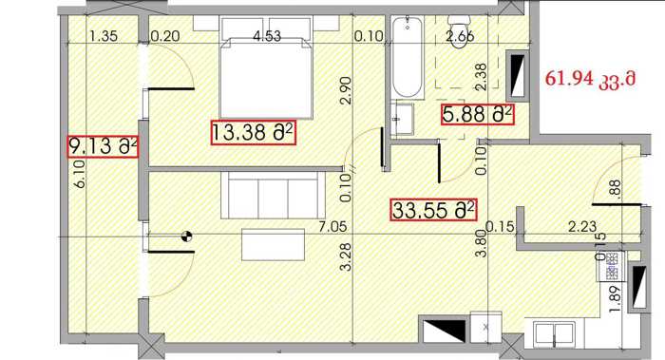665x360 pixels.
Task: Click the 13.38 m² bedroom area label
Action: (253, 133)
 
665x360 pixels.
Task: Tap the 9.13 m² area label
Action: (103, 146)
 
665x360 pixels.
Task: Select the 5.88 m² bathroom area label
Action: (478, 114)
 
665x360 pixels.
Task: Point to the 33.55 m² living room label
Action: (433, 210)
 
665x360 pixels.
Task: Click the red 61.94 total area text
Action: (590, 79)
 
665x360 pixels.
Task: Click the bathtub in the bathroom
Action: (408, 57)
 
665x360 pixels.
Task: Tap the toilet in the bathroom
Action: (460, 31)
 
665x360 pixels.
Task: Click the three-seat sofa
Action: (273, 196)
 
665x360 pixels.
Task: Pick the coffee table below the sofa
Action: (274, 245)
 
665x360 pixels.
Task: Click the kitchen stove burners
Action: (611, 266)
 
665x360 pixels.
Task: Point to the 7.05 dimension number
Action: (332, 227)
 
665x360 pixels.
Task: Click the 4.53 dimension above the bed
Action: (267, 36)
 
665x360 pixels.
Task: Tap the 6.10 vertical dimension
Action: (80, 174)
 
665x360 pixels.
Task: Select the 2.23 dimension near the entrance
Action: (582, 227)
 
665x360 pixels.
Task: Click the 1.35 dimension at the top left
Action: (104, 36)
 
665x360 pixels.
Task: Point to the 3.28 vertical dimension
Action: (346, 256)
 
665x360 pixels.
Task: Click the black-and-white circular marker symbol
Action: (186, 237)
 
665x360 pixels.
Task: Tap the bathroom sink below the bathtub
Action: (403, 119)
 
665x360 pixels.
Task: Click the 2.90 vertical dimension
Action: (346, 91)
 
